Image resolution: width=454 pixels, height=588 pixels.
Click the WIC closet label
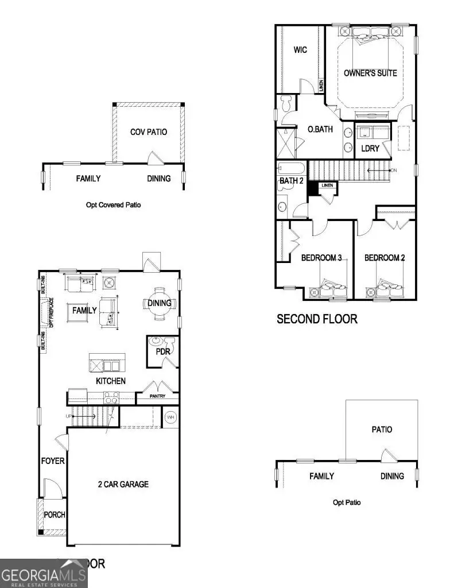click(x=300, y=50)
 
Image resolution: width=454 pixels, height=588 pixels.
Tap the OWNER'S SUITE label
click(x=370, y=73)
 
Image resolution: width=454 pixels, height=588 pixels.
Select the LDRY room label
click(x=370, y=148)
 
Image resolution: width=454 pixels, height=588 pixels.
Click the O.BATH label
click(x=320, y=129)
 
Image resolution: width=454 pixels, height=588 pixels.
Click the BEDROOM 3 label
click(x=321, y=258)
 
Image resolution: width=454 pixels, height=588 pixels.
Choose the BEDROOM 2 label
click(x=385, y=258)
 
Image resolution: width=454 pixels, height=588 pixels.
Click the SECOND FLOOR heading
click(x=317, y=319)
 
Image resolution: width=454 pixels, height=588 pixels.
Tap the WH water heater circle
click(x=170, y=417)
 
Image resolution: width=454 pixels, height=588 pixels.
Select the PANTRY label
click(x=157, y=396)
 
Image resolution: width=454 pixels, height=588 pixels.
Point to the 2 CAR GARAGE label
click(x=123, y=484)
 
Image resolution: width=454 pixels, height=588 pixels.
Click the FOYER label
click(x=53, y=461)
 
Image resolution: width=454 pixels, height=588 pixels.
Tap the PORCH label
click(x=55, y=514)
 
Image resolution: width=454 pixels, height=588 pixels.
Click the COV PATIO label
click(x=149, y=132)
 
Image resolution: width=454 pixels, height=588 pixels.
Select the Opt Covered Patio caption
click(x=117, y=204)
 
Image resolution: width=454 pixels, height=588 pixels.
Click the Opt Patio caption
click(x=347, y=502)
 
